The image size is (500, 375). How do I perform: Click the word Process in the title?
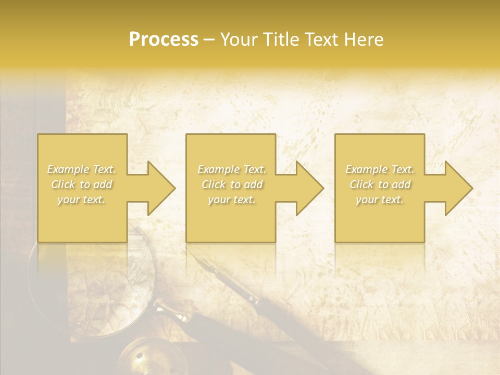click(x=164, y=40)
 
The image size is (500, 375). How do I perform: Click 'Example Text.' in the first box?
click(x=82, y=169)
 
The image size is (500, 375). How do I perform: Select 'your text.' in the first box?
click(x=82, y=199)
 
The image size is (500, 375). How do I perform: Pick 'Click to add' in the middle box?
click(x=232, y=184)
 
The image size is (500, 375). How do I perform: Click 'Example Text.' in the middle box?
click(x=232, y=169)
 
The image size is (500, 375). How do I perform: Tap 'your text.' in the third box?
click(x=380, y=199)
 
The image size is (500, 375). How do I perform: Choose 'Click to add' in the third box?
click(x=380, y=184)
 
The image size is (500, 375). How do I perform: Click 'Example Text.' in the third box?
click(x=380, y=169)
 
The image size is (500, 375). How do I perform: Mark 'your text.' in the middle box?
click(x=232, y=199)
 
